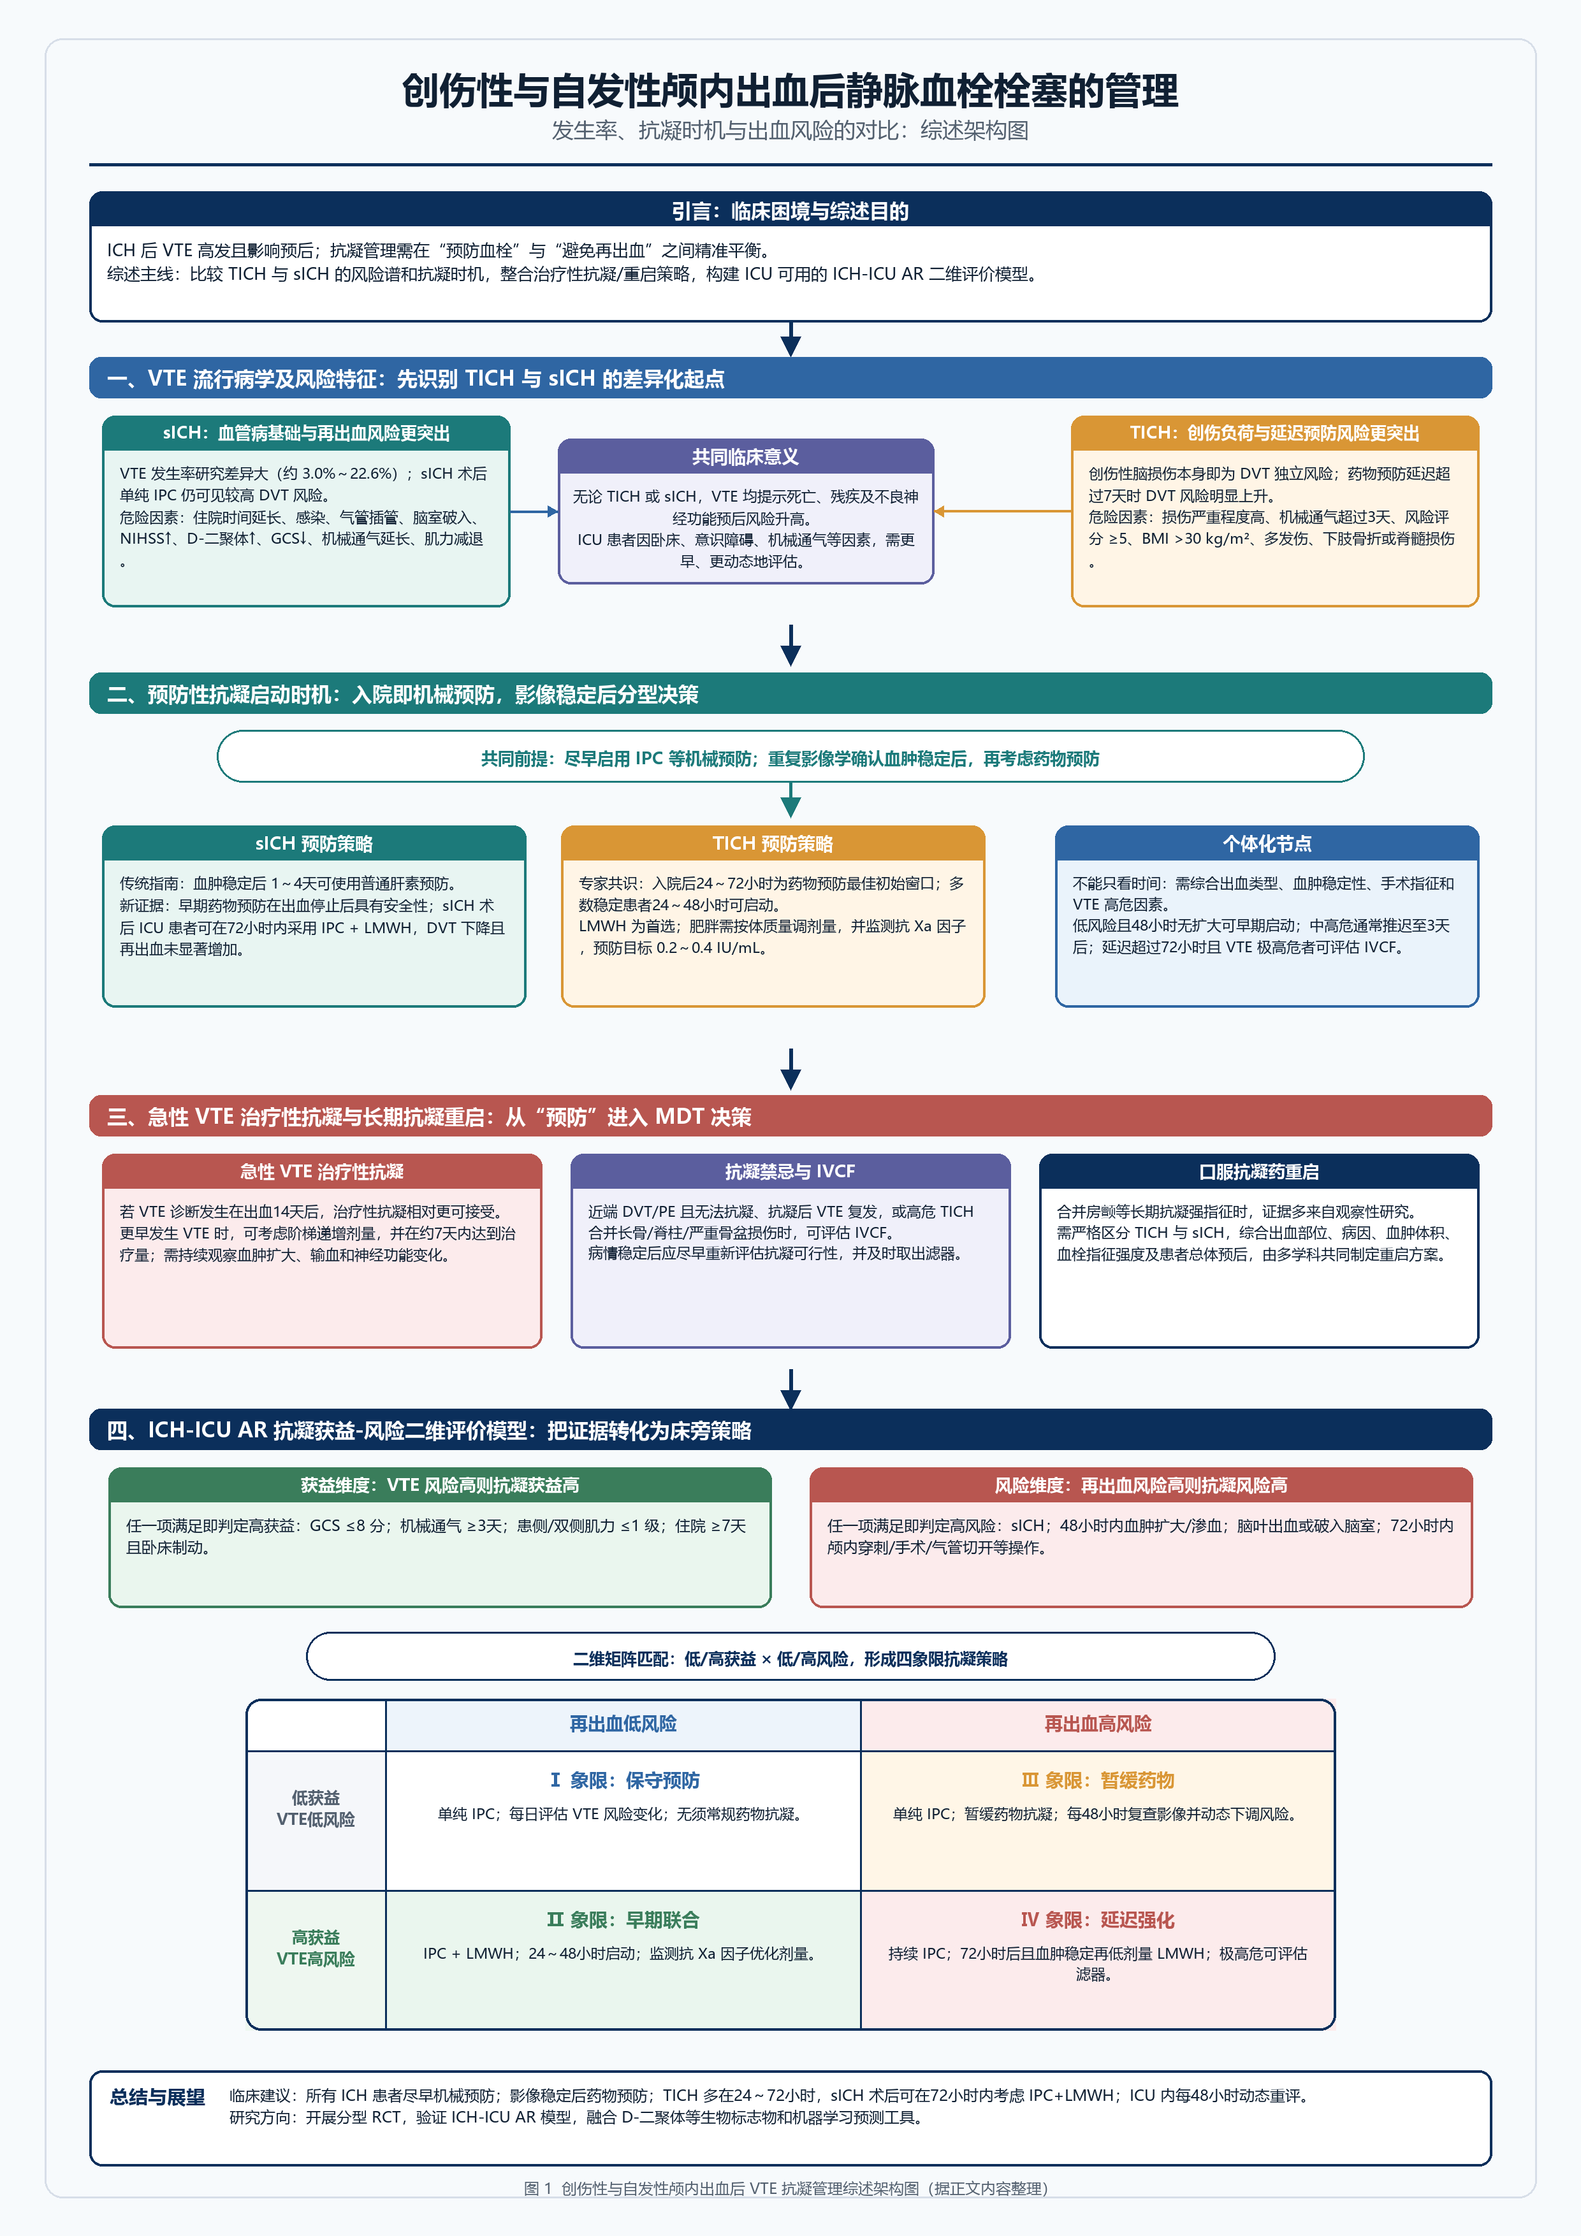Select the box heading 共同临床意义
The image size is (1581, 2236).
(745, 457)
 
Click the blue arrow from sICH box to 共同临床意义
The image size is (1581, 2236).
(534, 511)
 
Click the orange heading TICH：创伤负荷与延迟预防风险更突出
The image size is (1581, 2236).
(1274, 432)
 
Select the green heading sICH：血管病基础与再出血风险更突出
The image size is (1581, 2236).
(306, 432)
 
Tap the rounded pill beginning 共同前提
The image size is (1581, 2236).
(790, 757)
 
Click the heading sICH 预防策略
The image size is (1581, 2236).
(314, 843)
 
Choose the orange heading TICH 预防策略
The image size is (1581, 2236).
(773, 843)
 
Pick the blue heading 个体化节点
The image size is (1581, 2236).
(1266, 843)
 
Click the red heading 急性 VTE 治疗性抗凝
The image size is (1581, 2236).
(321, 1172)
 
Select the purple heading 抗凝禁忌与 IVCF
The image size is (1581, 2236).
(790, 1172)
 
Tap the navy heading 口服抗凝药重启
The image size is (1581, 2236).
(1258, 1172)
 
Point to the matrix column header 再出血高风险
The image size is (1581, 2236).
(1098, 1724)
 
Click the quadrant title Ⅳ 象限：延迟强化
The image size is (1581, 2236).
(1098, 1919)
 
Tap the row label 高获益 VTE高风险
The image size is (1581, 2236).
(316, 1948)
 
